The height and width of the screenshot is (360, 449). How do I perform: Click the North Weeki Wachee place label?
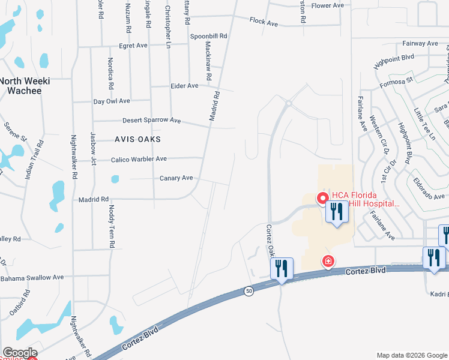click(x=25, y=86)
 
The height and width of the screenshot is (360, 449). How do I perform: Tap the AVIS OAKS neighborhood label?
click(x=139, y=139)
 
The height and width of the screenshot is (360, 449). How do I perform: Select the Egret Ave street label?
click(x=133, y=46)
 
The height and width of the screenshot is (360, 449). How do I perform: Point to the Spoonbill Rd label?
click(x=209, y=37)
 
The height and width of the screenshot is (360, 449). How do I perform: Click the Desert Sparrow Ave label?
click(x=152, y=120)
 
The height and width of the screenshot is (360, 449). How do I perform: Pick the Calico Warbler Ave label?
click(x=139, y=159)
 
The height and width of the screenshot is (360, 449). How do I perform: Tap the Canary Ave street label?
click(x=176, y=178)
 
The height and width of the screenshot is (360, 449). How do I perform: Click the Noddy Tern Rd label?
click(x=111, y=226)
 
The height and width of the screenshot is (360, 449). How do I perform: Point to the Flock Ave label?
click(x=264, y=23)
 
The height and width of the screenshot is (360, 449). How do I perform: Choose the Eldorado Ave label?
click(x=431, y=196)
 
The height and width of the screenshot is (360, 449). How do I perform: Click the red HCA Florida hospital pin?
click(x=322, y=197)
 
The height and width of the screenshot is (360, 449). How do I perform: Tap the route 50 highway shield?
click(x=249, y=291)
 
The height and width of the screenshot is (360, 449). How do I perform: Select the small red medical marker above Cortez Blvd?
click(x=328, y=261)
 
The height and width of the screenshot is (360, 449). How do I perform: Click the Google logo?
click(x=20, y=353)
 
